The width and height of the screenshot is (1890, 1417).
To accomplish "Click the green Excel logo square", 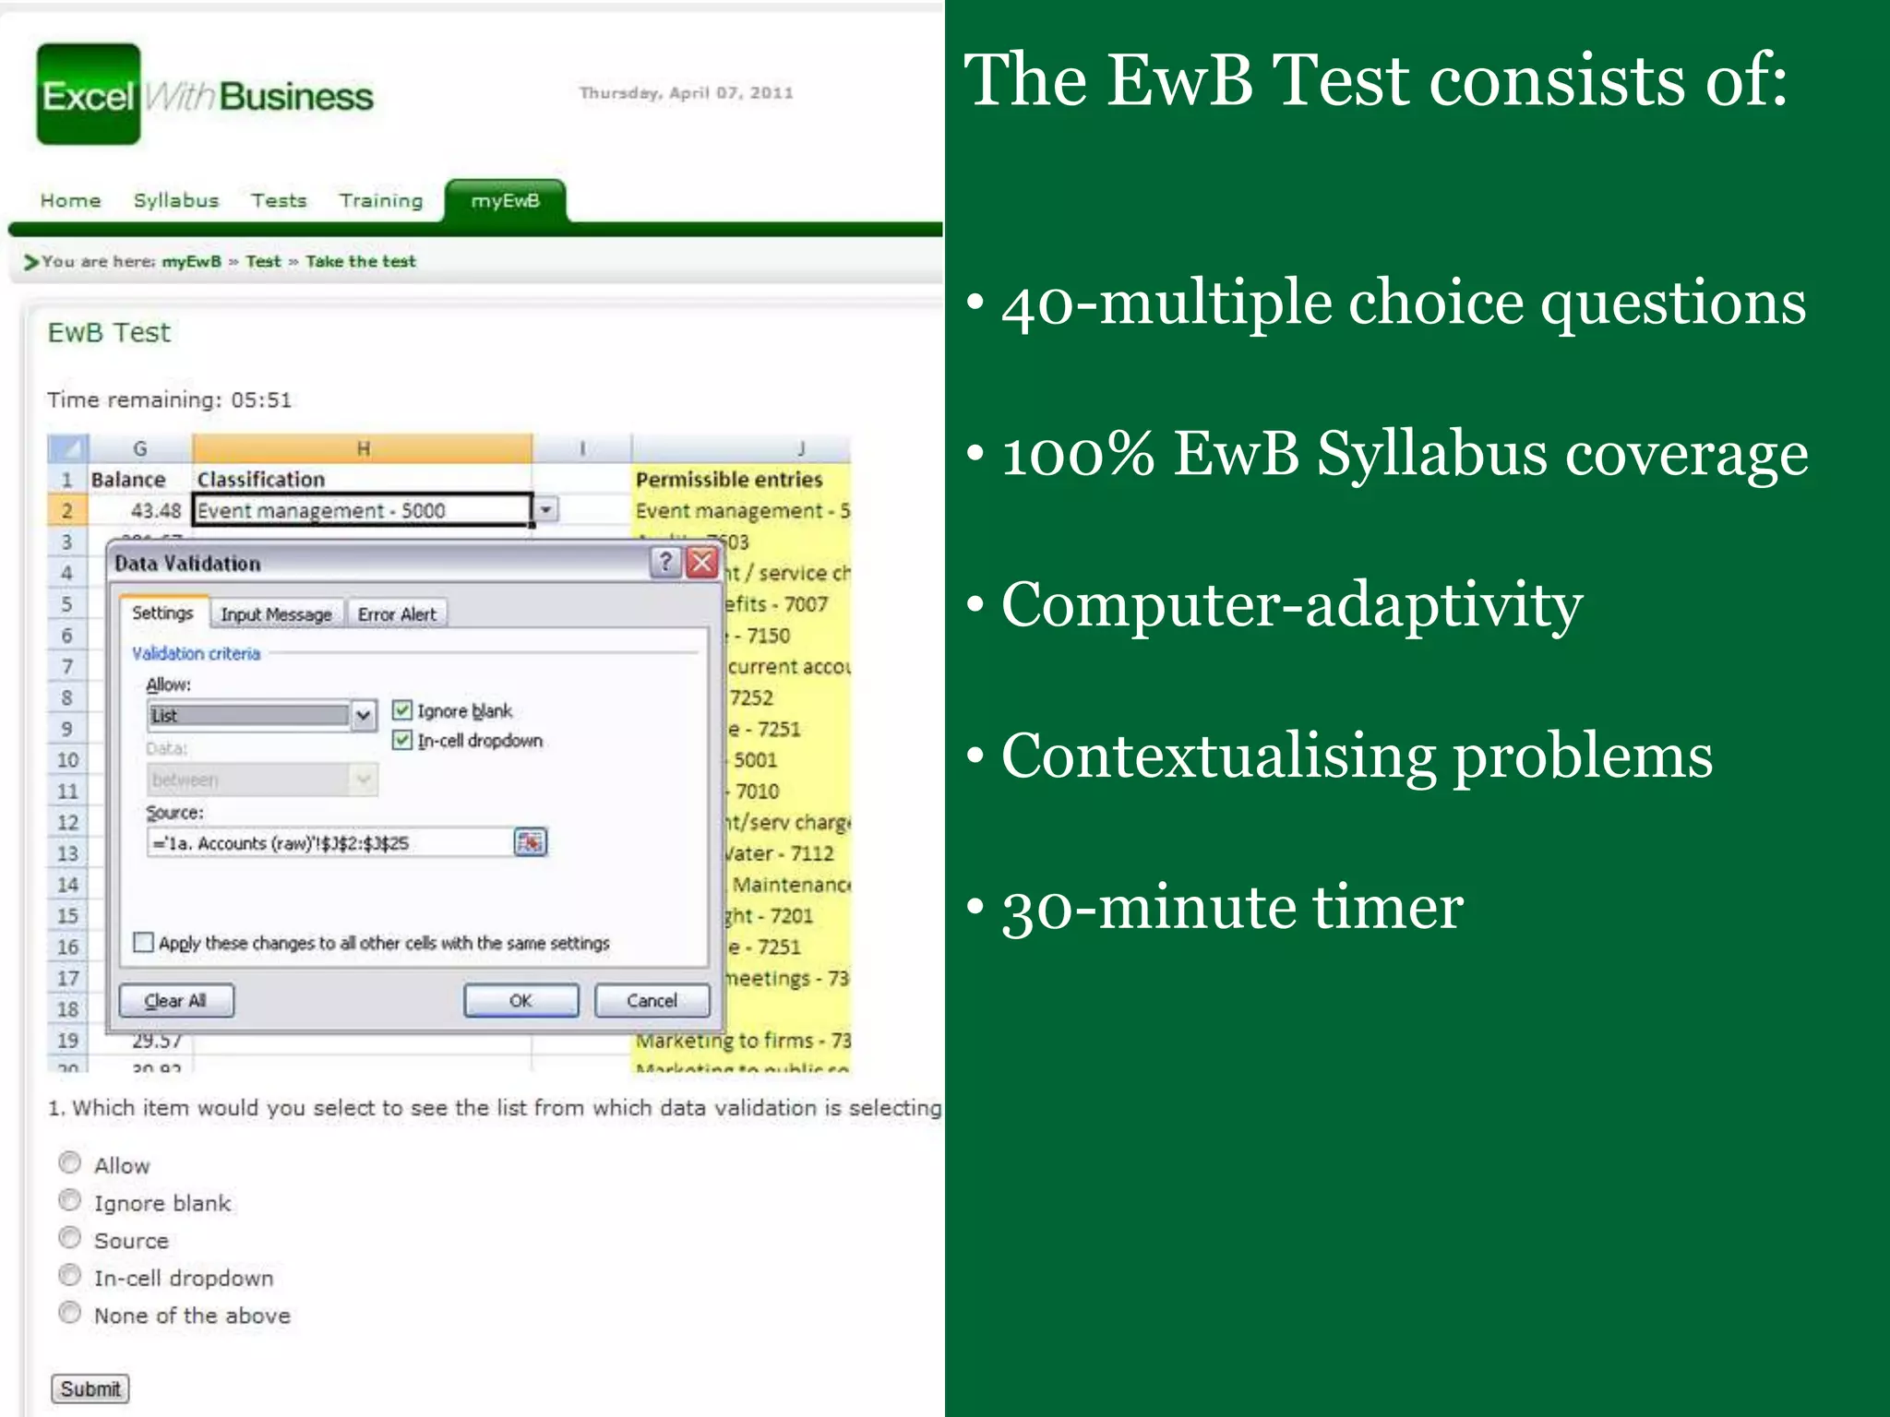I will [89, 94].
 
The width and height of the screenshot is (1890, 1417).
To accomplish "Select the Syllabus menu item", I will [175, 200].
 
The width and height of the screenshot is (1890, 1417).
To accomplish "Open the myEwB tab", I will [505, 200].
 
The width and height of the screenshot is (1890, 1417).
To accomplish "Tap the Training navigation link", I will [380, 200].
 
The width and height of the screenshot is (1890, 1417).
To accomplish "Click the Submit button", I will [90, 1388].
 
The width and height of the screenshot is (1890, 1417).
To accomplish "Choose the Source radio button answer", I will [70, 1238].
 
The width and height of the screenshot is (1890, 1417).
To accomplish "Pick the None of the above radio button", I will [70, 1313].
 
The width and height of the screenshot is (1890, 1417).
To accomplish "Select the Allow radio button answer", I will [70, 1162].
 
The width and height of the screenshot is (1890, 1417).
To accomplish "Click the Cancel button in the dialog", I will [652, 1001].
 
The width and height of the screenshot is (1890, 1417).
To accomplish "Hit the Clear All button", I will [175, 1001].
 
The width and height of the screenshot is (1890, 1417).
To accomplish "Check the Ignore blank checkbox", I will [402, 710].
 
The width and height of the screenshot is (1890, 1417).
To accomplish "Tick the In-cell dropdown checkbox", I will [402, 740].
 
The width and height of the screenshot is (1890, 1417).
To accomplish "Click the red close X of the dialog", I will [703, 562].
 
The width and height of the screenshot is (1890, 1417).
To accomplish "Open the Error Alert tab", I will [397, 614].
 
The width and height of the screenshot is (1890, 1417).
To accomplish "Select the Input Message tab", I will [276, 614].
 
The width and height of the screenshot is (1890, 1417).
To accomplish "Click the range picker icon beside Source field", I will [530, 842].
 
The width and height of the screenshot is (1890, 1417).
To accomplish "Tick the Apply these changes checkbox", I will [143, 943].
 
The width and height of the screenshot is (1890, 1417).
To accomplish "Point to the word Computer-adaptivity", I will [1291, 605].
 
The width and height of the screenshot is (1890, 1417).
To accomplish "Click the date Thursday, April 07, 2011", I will [686, 92].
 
